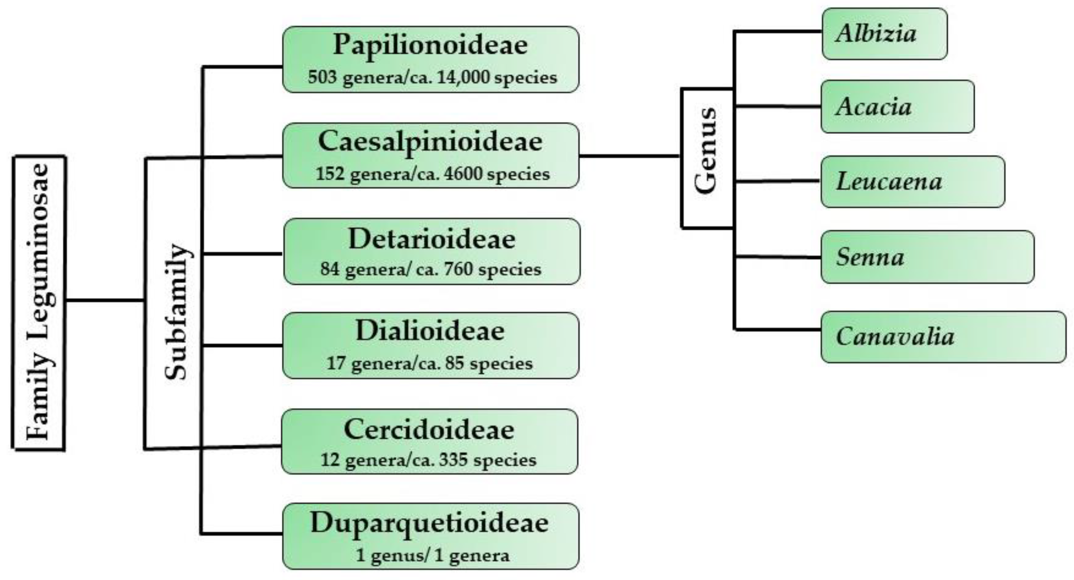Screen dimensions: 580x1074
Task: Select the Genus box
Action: coord(707,158)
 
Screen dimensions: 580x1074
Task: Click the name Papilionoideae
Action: coord(430,45)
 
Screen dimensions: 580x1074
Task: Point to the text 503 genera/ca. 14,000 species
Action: coord(432,77)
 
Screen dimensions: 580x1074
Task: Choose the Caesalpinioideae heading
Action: coord(430,142)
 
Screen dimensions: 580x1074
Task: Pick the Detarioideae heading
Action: coord(431,239)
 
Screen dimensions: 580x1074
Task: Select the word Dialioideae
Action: coord(430,331)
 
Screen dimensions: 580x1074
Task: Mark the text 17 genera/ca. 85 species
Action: coord(430,363)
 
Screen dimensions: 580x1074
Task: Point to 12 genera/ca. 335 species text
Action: coord(428,460)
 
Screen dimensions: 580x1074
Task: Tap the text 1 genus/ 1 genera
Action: coord(432,555)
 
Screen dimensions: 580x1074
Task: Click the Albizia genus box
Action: coord(884,34)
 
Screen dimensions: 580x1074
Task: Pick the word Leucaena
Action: coord(889,182)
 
